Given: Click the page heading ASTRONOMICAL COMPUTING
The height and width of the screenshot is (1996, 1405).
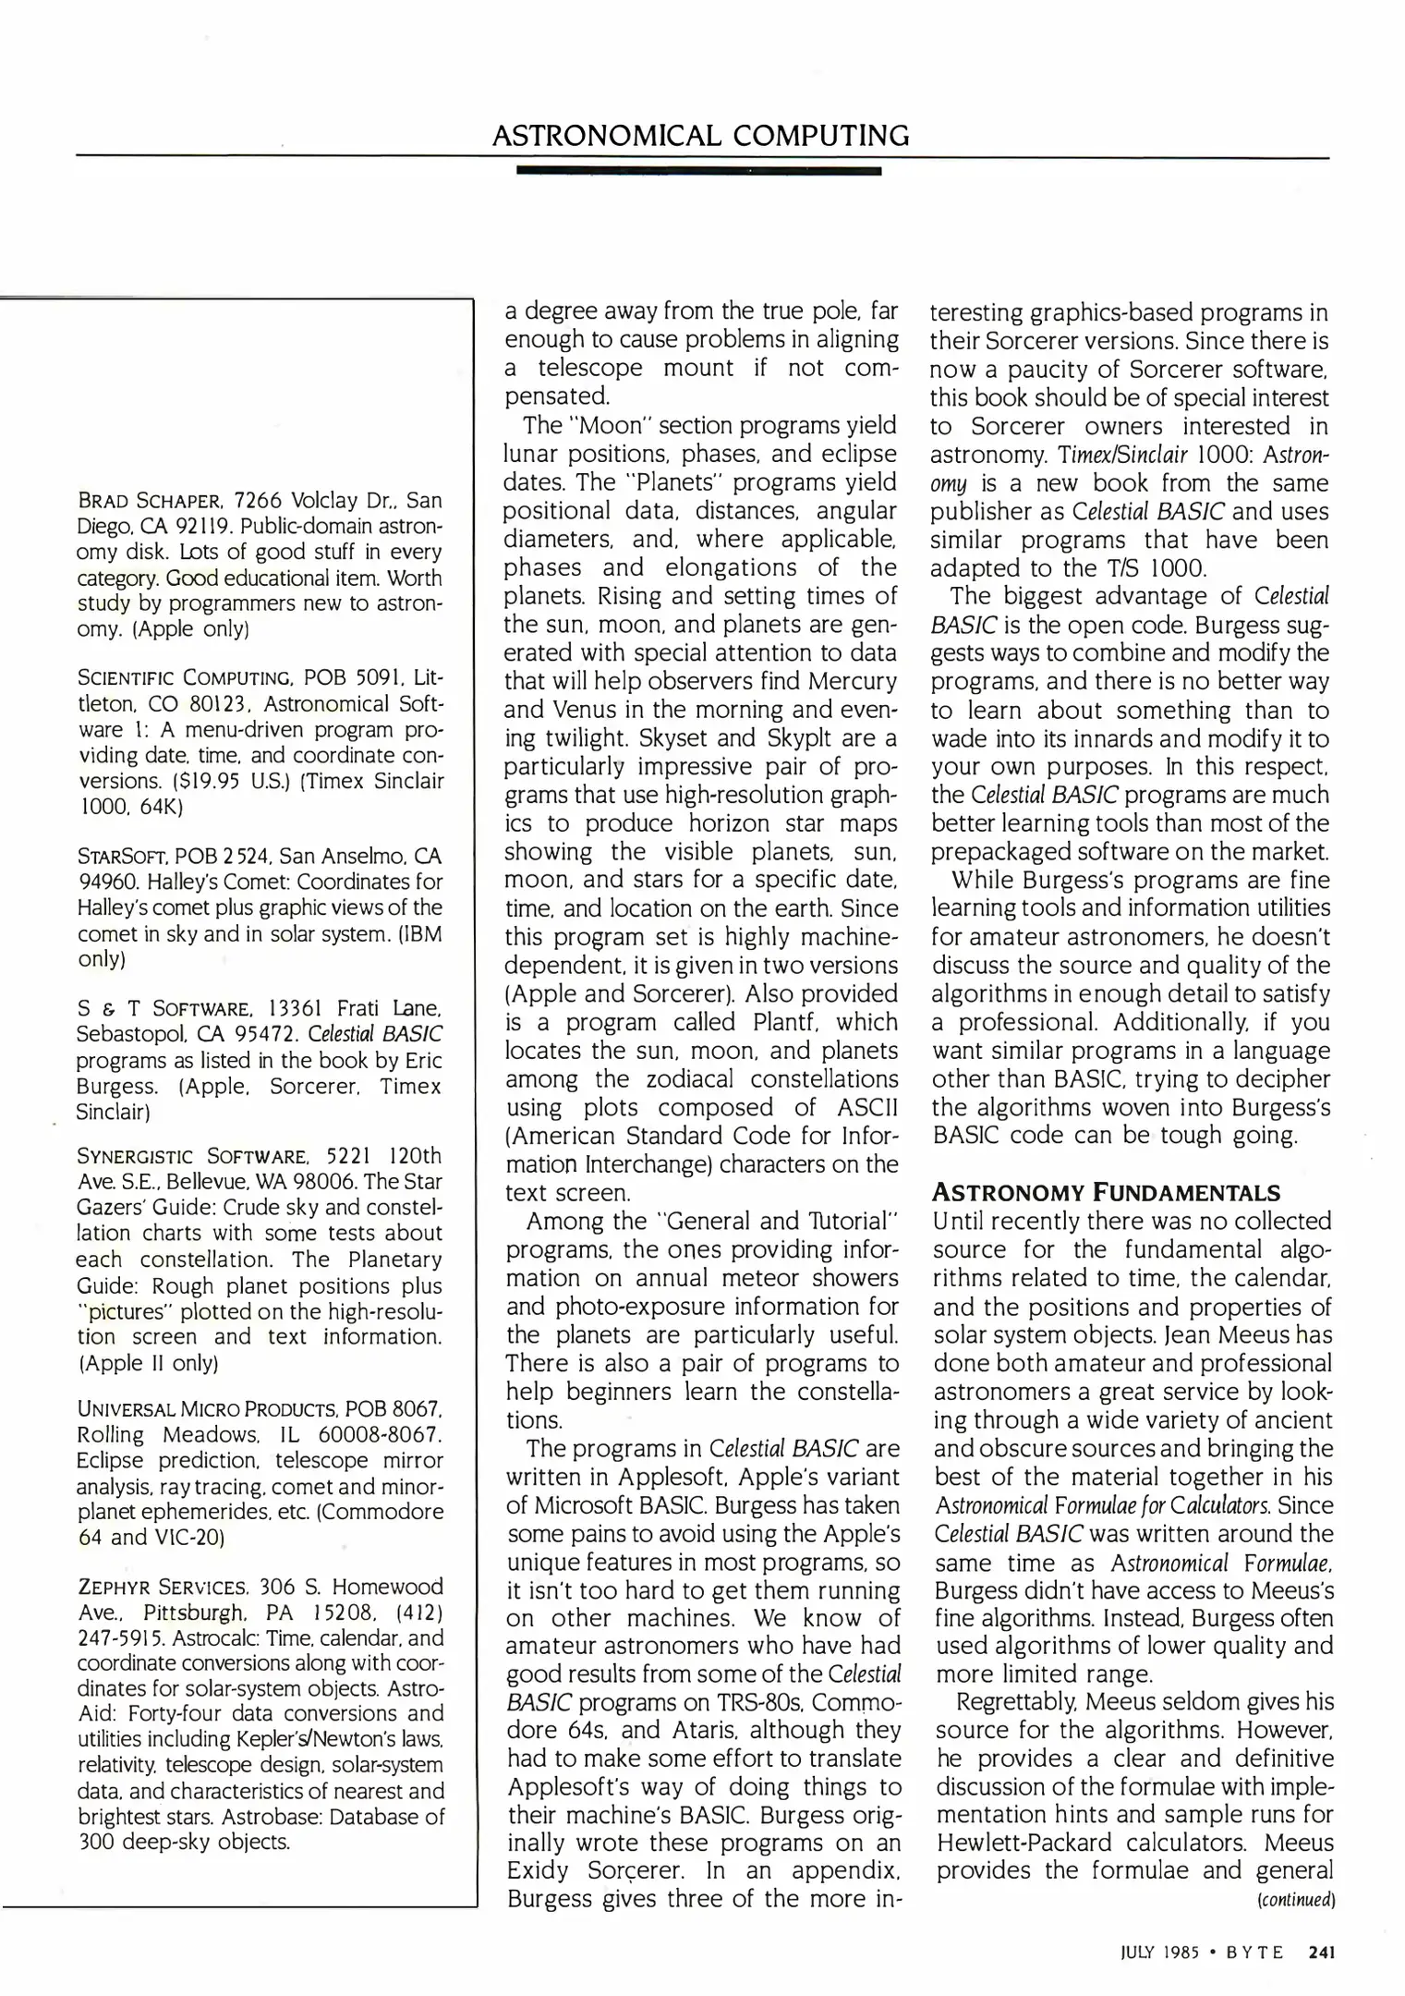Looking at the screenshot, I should tap(700, 136).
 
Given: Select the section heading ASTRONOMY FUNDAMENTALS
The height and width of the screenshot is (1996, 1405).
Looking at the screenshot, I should tap(1106, 1192).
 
